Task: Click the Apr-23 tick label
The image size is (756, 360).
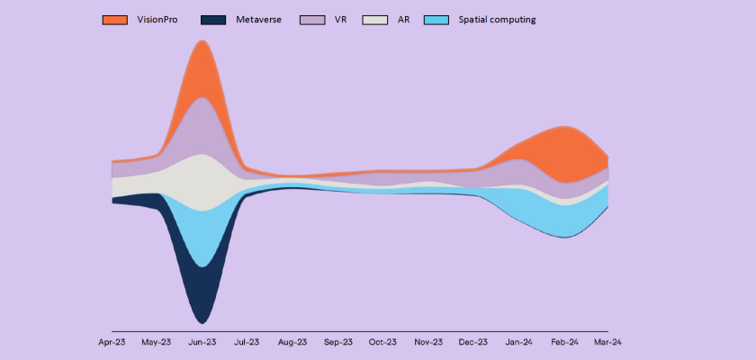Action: tap(112, 342)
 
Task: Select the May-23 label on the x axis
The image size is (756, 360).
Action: tap(157, 342)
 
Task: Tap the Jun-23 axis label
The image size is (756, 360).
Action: tap(202, 342)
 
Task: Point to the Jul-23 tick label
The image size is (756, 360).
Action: tap(247, 342)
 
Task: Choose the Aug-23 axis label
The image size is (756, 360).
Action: tap(292, 342)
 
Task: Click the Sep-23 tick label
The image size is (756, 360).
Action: tap(337, 342)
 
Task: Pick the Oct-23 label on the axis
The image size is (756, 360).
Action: tap(382, 342)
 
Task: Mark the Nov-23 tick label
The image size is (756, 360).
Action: tap(427, 342)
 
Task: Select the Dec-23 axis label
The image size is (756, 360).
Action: tap(472, 342)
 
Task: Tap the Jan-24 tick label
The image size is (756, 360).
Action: tap(517, 342)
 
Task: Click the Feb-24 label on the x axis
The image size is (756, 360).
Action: tap(563, 342)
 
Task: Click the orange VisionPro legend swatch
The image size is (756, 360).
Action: tap(115, 19)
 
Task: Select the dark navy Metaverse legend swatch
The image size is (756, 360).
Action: tap(214, 19)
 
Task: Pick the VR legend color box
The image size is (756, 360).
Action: tap(312, 19)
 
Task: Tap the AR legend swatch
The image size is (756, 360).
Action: tap(375, 19)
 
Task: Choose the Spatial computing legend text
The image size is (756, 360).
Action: tap(496, 19)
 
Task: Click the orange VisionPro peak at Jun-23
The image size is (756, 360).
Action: tap(202, 67)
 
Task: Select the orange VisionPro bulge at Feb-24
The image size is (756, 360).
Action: tap(563, 153)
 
